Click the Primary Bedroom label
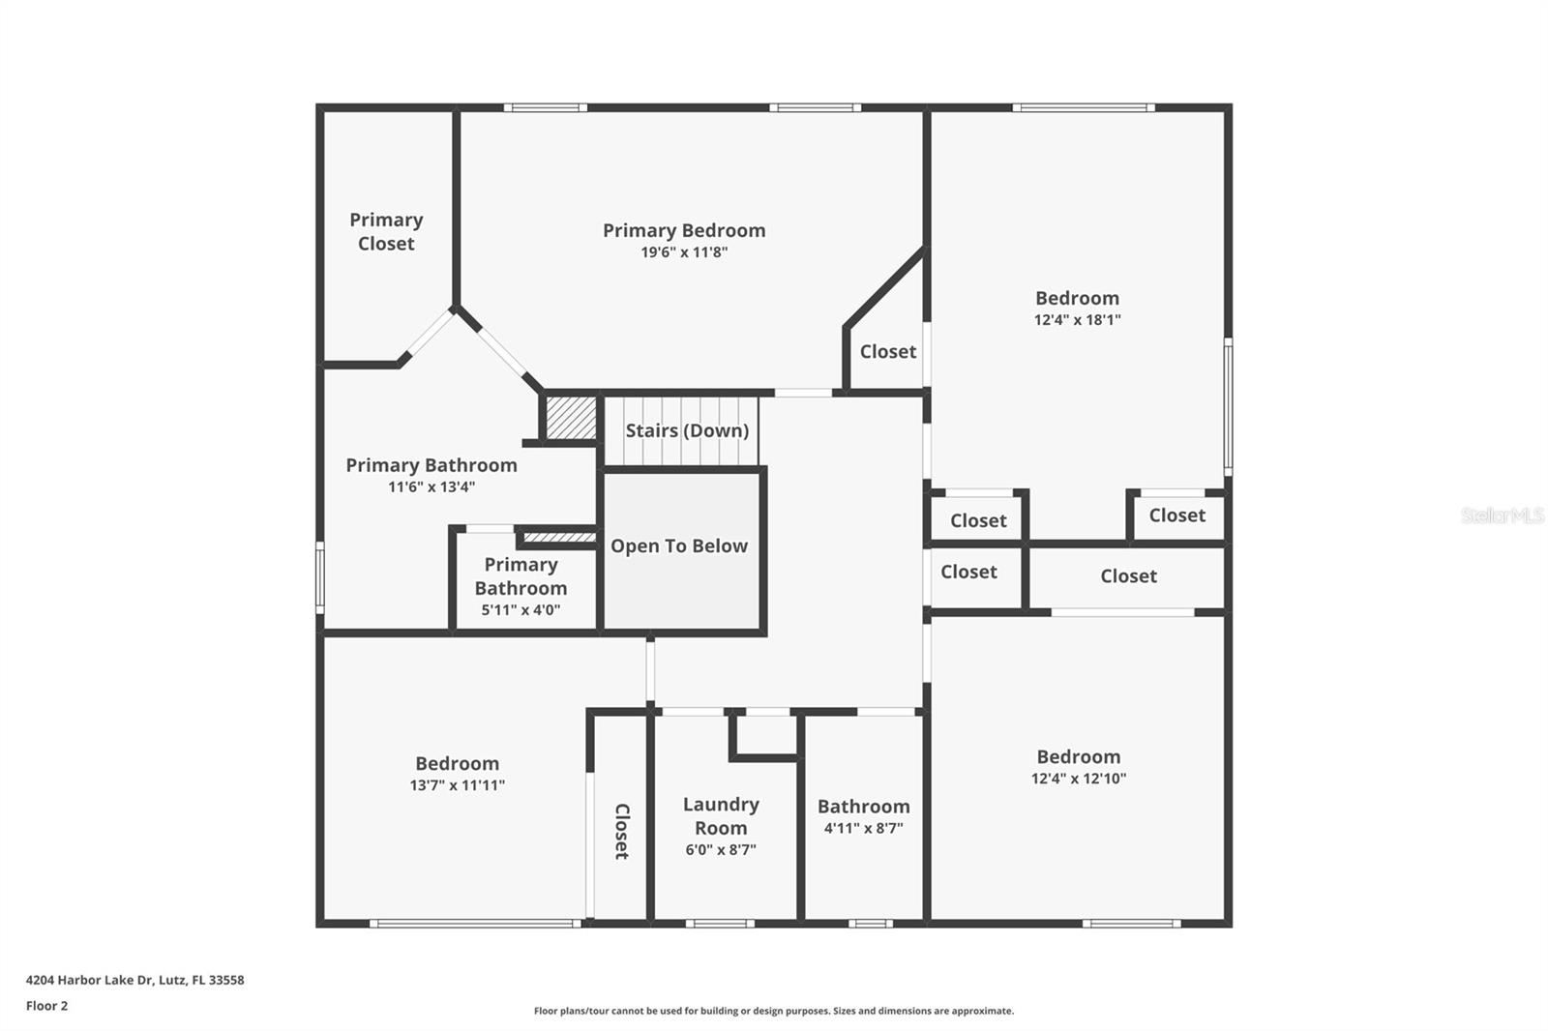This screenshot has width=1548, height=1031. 684,230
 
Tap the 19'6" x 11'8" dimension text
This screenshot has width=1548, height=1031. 684,252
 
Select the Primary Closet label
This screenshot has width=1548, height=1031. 386,232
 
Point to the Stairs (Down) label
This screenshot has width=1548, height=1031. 687,430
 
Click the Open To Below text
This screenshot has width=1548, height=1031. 679,546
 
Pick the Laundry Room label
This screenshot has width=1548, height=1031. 721,816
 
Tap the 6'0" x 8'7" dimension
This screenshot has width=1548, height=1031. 721,850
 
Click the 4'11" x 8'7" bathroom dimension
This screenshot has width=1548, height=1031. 863,829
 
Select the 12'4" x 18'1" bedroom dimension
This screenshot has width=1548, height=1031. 1077,320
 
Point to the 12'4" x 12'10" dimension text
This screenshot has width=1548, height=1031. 1079,779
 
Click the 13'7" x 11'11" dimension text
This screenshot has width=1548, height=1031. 457,785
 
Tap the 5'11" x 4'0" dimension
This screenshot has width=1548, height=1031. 521,610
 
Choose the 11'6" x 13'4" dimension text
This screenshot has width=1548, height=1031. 432,487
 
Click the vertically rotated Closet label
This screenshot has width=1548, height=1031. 621,831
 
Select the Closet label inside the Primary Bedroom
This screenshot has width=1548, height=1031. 887,352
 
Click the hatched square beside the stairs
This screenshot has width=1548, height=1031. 571,417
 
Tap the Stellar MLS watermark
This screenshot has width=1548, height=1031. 1502,515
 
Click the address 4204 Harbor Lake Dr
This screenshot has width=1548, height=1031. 134,980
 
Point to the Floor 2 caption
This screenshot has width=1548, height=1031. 46,1006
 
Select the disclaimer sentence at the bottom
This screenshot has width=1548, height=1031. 774,1011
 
